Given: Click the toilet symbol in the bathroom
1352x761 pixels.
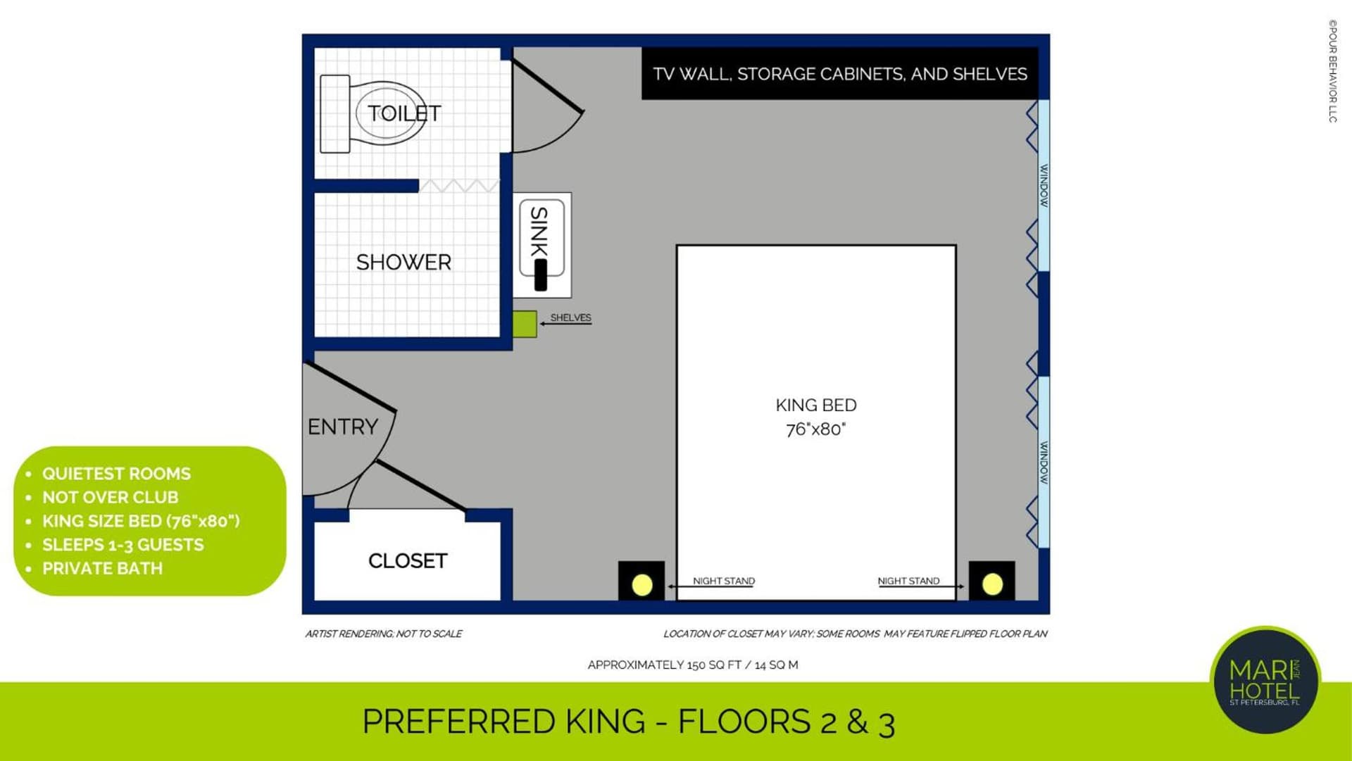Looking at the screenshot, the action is coord(373,114).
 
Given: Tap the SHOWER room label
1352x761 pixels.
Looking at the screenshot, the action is coord(403,263).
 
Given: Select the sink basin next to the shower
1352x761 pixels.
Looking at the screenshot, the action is coord(542,245).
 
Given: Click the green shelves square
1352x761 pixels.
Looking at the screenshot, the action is coord(525,324).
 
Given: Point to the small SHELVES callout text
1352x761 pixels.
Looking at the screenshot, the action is coord(570,317).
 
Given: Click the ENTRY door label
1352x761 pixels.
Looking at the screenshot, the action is coord(343,427).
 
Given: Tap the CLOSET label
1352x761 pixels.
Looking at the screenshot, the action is coord(408,561).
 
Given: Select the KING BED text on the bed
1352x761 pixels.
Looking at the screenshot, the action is coord(816,405).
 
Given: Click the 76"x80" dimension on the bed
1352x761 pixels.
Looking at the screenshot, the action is coord(816,429).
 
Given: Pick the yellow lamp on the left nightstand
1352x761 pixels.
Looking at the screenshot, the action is coord(642,584).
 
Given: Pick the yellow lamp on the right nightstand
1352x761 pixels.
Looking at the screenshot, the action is coord(992,584).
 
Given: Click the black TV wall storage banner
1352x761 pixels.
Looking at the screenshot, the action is coord(839,73).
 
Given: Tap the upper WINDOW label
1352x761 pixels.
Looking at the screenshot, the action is coord(1044,186).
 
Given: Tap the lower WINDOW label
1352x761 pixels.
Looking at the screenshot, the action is coord(1044,463).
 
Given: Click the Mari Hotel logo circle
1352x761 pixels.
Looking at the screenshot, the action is coord(1265,680).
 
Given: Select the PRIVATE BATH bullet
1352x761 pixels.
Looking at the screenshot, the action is coord(102,568).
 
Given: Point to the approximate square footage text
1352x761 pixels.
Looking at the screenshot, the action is coord(693,665).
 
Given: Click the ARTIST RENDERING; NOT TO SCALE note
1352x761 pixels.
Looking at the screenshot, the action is coord(384,634).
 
